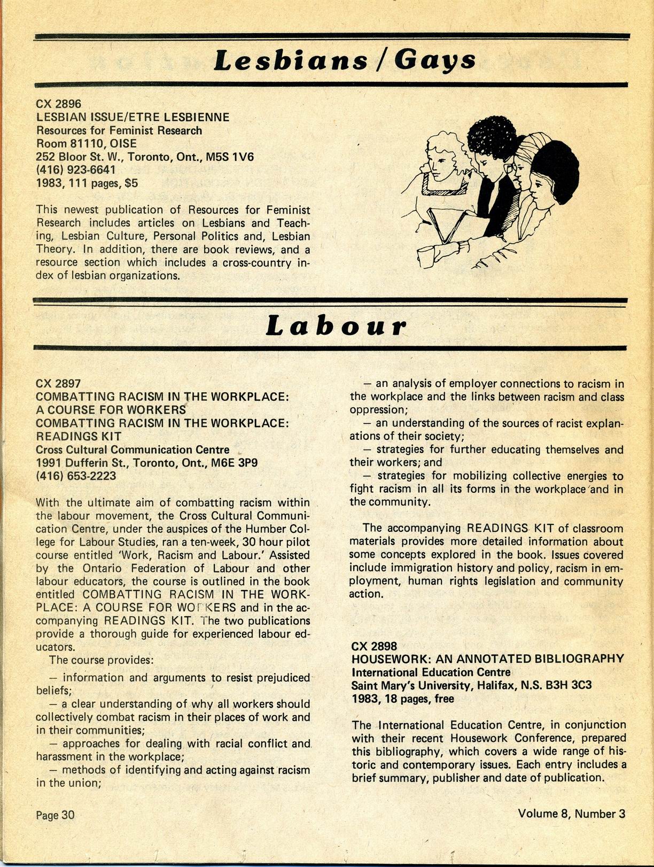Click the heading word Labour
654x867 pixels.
tap(336, 327)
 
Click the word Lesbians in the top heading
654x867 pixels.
tap(290, 61)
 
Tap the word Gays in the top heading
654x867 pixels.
tap(434, 61)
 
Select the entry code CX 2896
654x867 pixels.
tap(58, 104)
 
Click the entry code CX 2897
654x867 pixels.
tap(58, 383)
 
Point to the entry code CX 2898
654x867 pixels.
tap(374, 646)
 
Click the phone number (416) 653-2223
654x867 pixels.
tap(76, 475)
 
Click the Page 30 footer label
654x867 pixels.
tap(55, 815)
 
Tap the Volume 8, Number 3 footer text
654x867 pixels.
tap(571, 814)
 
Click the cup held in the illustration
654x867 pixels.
tap(426, 256)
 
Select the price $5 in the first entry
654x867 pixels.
tap(131, 183)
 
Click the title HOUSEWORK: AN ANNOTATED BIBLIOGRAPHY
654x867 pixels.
tap(487, 659)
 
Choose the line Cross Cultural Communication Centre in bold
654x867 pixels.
tap(133, 450)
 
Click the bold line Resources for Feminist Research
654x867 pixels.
tap(119, 130)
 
